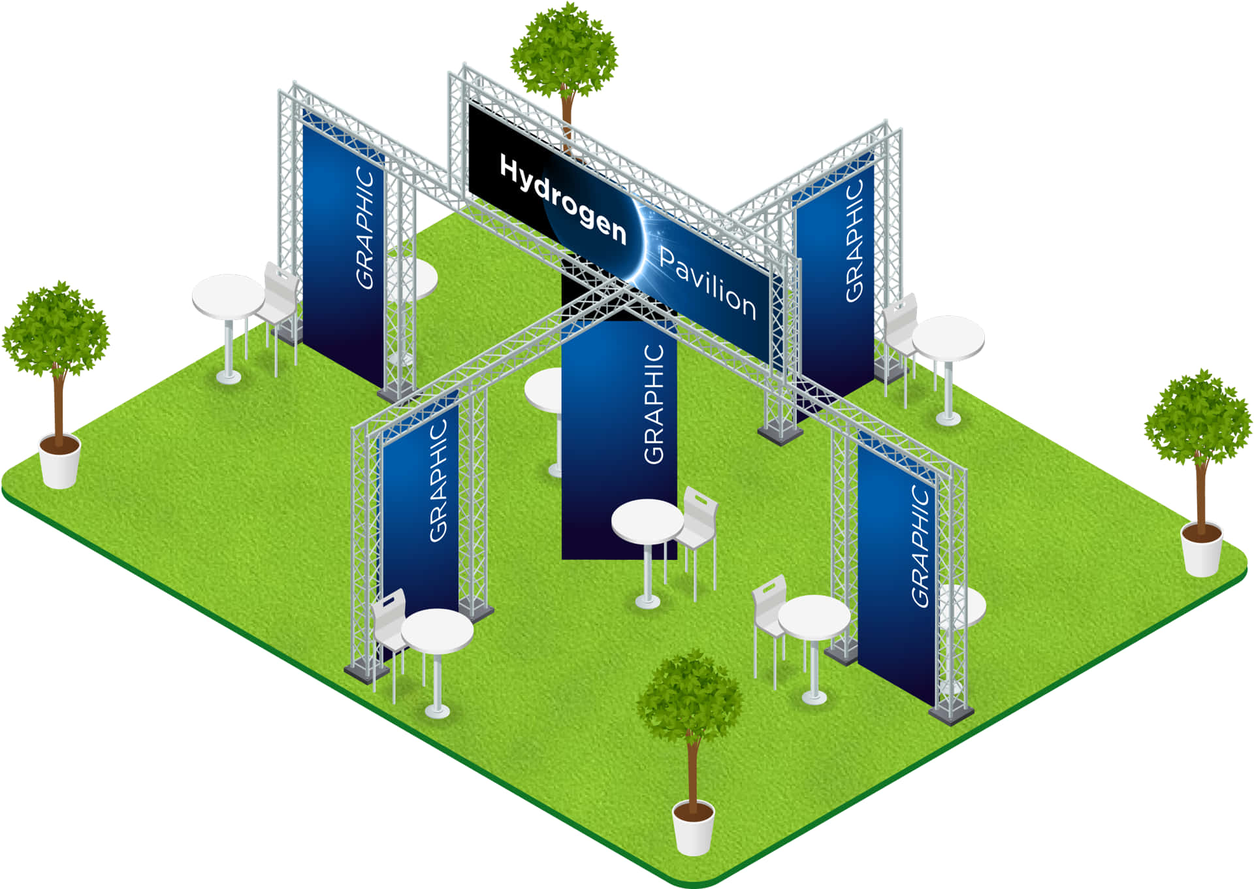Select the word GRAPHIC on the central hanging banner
(654, 404)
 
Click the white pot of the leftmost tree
(59, 463)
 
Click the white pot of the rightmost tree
(1202, 551)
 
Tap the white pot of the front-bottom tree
(694, 830)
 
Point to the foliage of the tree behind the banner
(564, 52)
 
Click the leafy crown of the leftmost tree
(56, 330)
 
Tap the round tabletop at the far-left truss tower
(227, 296)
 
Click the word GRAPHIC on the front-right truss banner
(920, 546)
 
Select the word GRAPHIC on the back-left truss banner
(365, 228)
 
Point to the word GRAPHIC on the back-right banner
(854, 240)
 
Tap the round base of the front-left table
(437, 710)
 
